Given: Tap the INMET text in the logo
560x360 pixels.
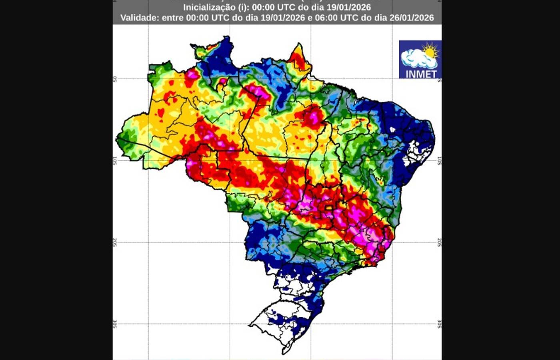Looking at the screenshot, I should pos(421,74).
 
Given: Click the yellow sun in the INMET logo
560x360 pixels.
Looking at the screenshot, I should pos(430,51).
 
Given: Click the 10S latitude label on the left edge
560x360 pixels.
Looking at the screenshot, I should pos(115,161).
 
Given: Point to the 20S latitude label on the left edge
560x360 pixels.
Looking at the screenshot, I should pos(115,242).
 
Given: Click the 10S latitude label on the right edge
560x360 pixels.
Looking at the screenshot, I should pos(439,161).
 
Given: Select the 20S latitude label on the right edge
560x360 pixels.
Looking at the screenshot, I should pos(439,242).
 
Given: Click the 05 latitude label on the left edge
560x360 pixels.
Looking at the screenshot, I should pos(115,79).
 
